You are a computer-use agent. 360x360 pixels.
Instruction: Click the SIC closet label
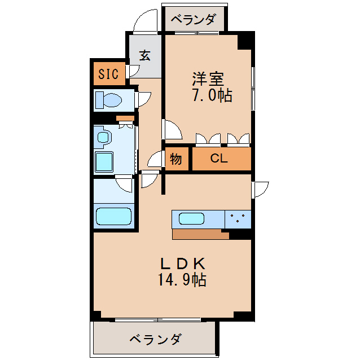pyautogui.click(x=109, y=73)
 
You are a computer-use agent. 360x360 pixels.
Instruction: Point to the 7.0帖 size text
pyautogui.click(x=212, y=95)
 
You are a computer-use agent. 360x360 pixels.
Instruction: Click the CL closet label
pyautogui.click(x=219, y=159)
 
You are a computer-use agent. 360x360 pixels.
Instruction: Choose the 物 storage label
pyautogui.click(x=175, y=159)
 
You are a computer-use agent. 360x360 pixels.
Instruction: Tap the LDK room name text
pyautogui.click(x=182, y=263)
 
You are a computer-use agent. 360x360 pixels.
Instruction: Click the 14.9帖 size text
pyautogui.click(x=182, y=279)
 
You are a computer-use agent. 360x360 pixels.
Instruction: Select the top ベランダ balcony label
pyautogui.click(x=194, y=20)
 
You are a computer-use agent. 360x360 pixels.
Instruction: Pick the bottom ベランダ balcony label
pyautogui.click(x=155, y=340)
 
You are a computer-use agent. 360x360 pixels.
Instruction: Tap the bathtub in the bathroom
pyautogui.click(x=113, y=216)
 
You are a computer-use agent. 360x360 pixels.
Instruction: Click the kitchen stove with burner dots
pyautogui.click(x=238, y=218)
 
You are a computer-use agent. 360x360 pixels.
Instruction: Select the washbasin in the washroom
pyautogui.click(x=103, y=137)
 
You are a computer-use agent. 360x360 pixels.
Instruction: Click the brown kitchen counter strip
pyautogui.click(x=200, y=234)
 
